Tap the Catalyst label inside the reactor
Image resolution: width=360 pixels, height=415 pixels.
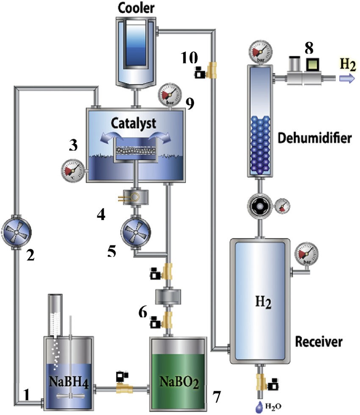pyautogui.click(x=134, y=124)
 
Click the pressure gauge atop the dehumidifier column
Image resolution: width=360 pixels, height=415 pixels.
pyautogui.click(x=261, y=53)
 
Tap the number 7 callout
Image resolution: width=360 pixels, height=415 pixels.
pyautogui.click(x=216, y=397)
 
